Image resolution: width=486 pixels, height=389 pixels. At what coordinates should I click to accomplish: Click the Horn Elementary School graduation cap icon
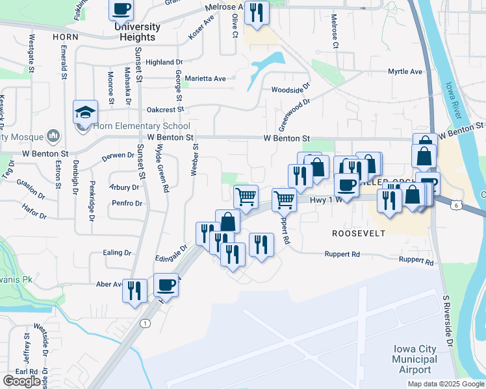[x=85, y=113]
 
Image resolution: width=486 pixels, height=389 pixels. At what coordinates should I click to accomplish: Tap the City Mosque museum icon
[x=53, y=137]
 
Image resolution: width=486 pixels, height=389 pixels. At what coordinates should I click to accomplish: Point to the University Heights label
[x=136, y=32]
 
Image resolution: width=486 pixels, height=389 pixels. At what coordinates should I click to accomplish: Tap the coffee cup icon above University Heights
[x=121, y=9]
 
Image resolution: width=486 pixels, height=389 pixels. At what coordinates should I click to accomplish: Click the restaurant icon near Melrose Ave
[x=257, y=12]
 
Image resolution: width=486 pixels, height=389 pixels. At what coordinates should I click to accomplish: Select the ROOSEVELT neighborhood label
[x=359, y=233]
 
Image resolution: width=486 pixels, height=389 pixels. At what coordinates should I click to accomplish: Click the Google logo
[x=21, y=381]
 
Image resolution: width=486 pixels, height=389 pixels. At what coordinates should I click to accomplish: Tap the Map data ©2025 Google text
[x=445, y=384]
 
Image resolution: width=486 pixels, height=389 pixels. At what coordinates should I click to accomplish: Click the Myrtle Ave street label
[x=405, y=72]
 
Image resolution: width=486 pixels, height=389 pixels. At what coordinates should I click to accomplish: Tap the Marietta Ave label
[x=205, y=78]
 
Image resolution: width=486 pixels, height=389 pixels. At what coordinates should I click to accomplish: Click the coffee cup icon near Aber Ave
[x=166, y=285]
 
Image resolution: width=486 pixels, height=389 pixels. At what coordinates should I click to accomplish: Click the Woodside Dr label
[x=291, y=90]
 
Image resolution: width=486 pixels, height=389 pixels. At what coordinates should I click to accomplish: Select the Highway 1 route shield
[x=144, y=323]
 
